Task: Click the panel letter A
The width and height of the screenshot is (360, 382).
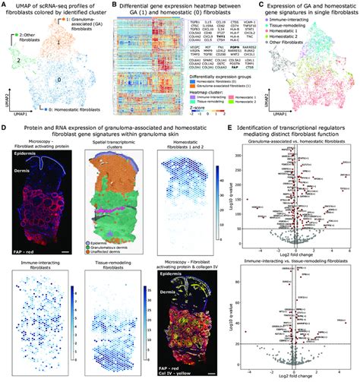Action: [x=4, y=5]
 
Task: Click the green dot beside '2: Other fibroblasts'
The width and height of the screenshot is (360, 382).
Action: [x=17, y=36]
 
